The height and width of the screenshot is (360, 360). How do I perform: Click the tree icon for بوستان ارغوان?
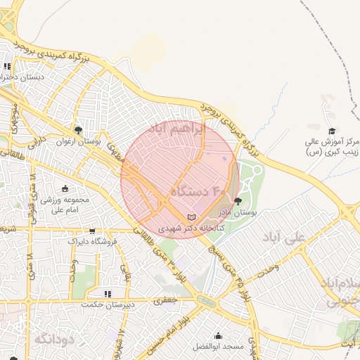click(x=78, y=130)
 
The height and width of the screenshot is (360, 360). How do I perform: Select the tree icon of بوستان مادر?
click(x=237, y=200)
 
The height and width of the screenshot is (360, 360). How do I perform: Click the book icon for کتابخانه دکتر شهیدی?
click(x=192, y=217)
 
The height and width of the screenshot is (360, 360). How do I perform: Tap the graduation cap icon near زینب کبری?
click(x=332, y=131)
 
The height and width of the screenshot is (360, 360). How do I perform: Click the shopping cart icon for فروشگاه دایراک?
click(x=91, y=231)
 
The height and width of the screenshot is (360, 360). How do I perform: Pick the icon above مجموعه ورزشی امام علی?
click(x=66, y=188)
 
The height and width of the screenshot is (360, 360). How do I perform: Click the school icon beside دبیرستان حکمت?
click(x=107, y=294)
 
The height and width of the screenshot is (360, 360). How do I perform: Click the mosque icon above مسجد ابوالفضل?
click(x=218, y=336)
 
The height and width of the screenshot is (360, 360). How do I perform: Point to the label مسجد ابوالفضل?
click(x=219, y=347)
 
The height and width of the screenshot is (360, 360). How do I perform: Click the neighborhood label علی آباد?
click(x=283, y=238)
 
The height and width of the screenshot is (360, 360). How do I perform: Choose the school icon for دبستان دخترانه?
click(x=8, y=67)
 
